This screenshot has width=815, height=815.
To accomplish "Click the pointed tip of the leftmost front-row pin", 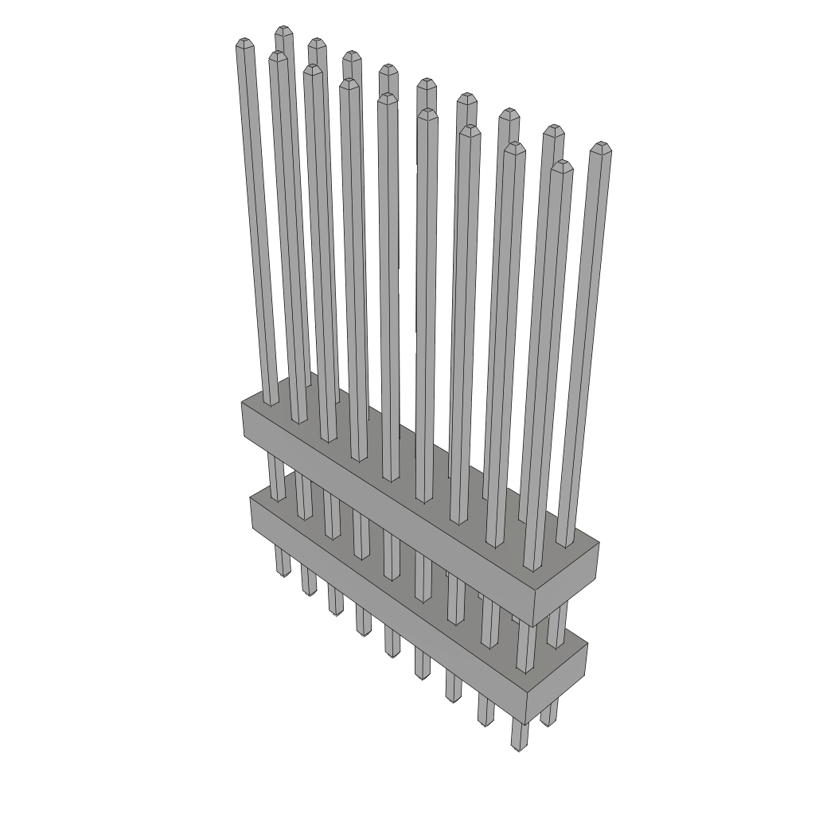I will (244, 41).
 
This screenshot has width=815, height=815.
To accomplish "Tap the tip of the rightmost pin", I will (602, 146).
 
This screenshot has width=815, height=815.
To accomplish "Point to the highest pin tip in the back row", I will (283, 30).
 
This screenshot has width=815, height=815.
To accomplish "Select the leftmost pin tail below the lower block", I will (282, 560).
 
